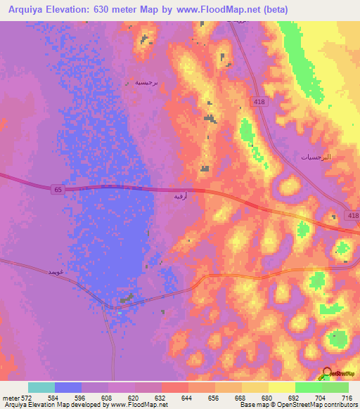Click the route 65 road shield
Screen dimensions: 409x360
(56, 188)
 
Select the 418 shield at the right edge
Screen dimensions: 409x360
(352, 217)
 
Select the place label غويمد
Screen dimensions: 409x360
(57, 271)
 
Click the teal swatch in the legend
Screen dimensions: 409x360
(41, 387)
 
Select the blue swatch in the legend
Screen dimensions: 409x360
(68, 387)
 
